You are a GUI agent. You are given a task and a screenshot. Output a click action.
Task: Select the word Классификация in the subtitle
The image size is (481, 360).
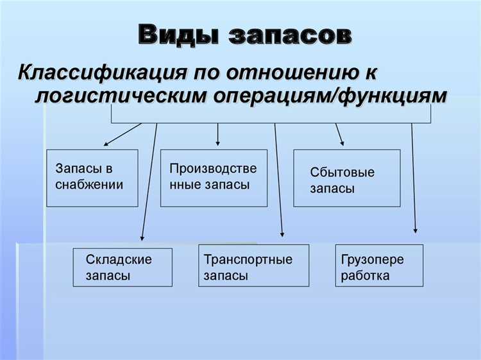[x=90, y=71]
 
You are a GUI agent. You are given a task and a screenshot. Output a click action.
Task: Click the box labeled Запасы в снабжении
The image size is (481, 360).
[x=92, y=178]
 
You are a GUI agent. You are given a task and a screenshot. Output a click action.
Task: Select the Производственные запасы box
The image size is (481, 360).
[x=214, y=178]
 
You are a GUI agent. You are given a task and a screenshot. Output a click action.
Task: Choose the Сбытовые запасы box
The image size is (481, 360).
[x=346, y=178]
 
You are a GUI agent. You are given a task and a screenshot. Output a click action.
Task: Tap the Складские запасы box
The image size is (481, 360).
[x=122, y=267]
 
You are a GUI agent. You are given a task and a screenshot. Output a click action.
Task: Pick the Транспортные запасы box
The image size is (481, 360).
[x=253, y=265]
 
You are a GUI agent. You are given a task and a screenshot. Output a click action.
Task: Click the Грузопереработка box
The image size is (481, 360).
[x=379, y=265]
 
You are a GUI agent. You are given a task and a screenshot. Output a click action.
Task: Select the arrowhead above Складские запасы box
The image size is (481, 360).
[x=142, y=239]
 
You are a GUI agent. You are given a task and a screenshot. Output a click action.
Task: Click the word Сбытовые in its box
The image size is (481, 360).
[x=342, y=173]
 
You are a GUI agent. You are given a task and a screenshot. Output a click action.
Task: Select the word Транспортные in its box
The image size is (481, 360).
[x=248, y=260]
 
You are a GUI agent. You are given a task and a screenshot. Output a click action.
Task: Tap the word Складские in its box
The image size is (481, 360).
[x=119, y=260]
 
